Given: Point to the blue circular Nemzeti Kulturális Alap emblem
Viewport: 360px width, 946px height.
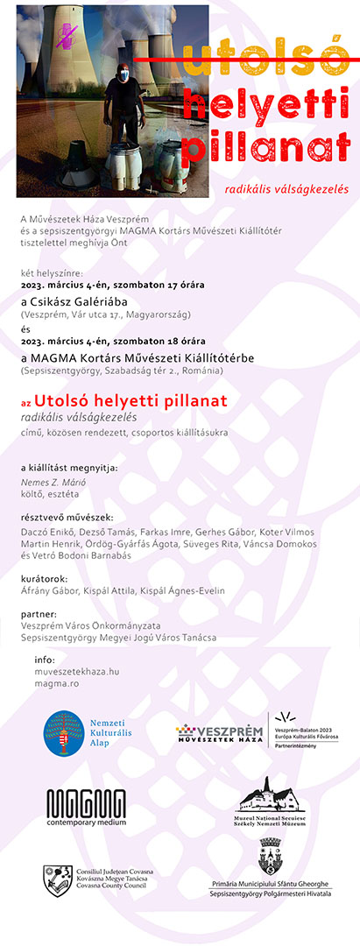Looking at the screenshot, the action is click(x=63, y=734).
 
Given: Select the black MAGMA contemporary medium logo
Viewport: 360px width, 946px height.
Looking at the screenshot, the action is click(x=86, y=807).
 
